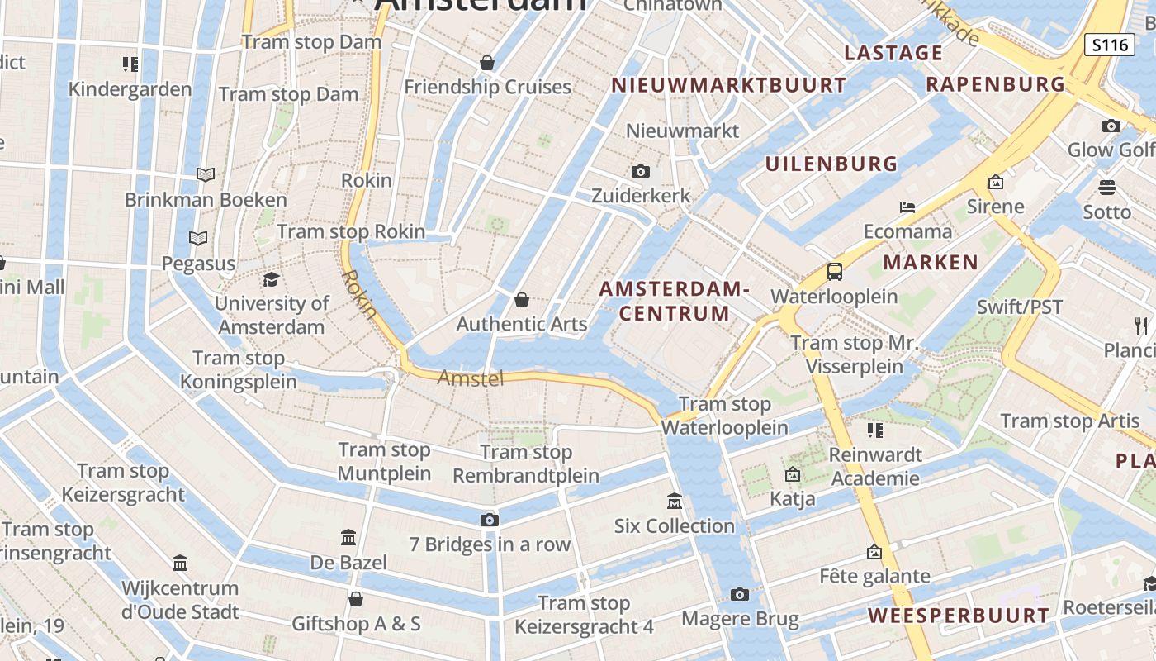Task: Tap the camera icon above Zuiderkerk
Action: tap(640, 171)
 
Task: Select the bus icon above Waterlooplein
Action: tap(835, 271)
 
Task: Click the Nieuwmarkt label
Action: tap(683, 131)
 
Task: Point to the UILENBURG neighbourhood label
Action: tap(831, 164)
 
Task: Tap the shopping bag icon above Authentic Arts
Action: tap(522, 299)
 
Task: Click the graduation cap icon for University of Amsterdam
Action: tap(271, 279)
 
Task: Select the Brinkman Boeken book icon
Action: tap(206, 174)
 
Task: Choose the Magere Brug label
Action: tap(740, 619)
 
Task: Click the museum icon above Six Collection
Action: tap(675, 501)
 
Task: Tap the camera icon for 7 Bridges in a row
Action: tap(490, 520)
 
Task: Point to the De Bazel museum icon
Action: tap(348, 538)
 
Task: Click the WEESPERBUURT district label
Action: tap(958, 616)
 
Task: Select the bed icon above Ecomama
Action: tap(907, 207)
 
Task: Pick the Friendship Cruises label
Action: tap(487, 87)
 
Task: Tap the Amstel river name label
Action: tap(470, 378)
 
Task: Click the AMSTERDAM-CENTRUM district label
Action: tap(675, 301)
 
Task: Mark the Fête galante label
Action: tap(874, 576)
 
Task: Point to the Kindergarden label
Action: tap(130, 89)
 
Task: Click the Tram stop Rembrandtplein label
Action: tap(526, 464)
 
